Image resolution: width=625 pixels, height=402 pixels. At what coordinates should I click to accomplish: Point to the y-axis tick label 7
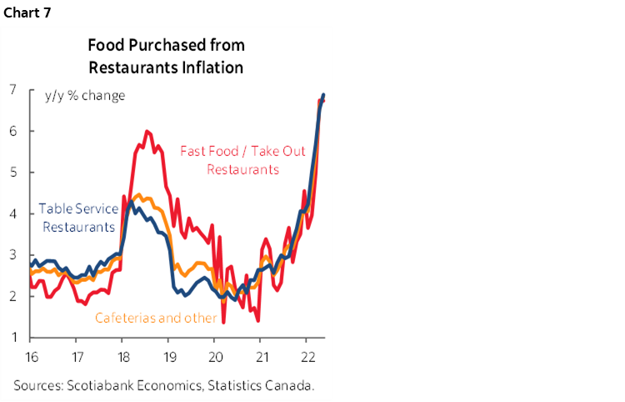tap(13, 89)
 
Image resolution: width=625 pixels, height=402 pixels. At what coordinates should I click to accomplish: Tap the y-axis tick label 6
tap(13, 131)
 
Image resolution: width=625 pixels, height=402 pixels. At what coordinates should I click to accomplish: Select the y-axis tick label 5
tap(13, 173)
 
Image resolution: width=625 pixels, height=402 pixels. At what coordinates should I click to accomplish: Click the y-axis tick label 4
tap(13, 214)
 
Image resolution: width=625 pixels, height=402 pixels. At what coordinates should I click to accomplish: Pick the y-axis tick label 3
tap(13, 255)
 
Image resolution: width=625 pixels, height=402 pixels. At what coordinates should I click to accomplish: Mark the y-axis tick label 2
tap(13, 297)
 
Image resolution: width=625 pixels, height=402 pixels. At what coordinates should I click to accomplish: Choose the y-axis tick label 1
tap(13, 338)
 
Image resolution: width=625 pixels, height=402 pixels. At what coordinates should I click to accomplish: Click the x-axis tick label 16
tap(30, 354)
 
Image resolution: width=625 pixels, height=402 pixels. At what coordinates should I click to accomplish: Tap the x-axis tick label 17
tap(76, 354)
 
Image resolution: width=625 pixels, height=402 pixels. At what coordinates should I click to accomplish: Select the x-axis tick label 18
tap(122, 354)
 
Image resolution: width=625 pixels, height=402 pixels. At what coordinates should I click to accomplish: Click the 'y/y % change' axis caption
tap(84, 95)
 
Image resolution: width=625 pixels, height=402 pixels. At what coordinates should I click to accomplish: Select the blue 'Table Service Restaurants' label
tap(77, 218)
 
